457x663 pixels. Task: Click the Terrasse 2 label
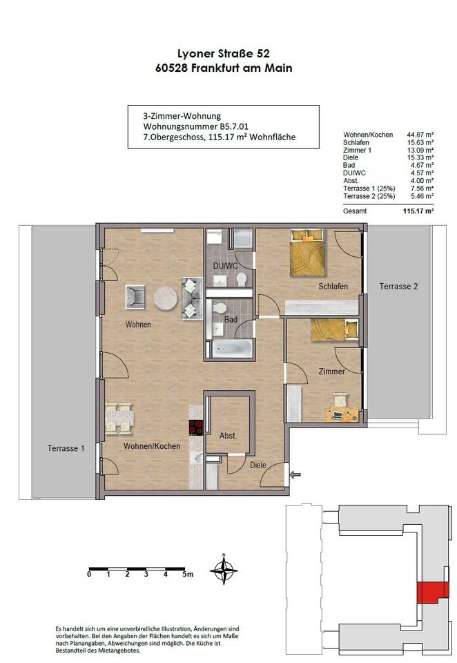[398, 286]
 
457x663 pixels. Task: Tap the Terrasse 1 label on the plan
[66, 448]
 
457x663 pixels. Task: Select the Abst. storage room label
[228, 436]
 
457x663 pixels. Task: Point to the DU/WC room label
[225, 266]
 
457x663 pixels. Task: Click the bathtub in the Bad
[232, 349]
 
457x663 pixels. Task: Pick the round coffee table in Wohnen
[165, 298]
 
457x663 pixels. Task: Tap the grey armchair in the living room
[135, 296]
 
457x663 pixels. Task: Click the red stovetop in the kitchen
[196, 427]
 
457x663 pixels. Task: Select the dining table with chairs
[119, 419]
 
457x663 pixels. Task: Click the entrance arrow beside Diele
[295, 475]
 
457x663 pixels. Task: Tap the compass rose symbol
[224, 569]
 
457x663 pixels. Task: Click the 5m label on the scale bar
[188, 574]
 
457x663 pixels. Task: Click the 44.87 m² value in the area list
[418, 135]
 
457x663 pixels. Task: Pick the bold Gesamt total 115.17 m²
[418, 211]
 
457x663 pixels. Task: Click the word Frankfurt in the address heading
[217, 68]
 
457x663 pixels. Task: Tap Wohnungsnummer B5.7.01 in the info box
[196, 126]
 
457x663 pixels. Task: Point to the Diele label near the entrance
[258, 465]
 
